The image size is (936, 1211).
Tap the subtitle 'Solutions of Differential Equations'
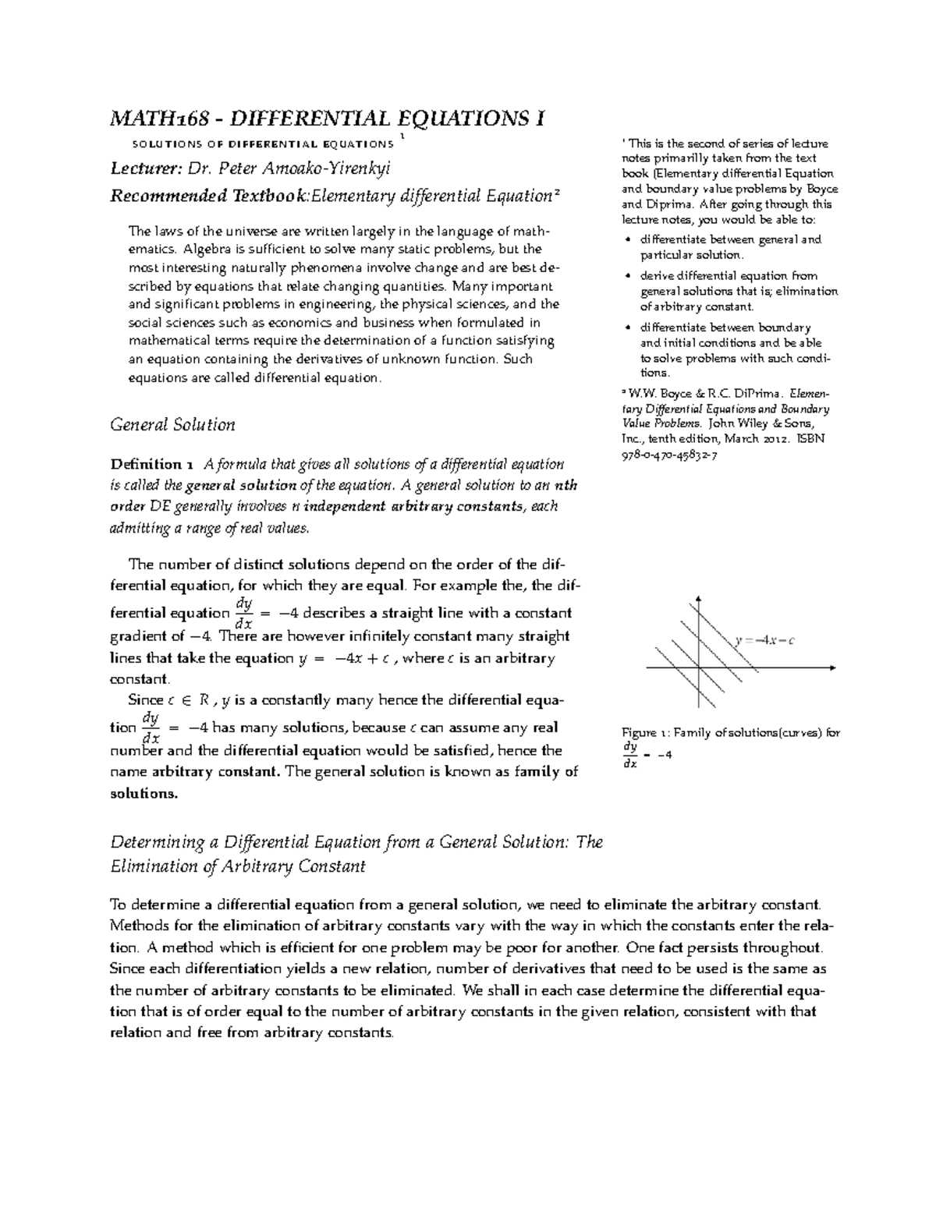pyautogui.click(x=262, y=144)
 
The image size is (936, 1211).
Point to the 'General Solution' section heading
pyautogui.click(x=172, y=425)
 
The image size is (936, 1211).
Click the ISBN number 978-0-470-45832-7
pyautogui.click(x=669, y=455)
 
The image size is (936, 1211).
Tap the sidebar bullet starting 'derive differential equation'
pyautogui.click(x=738, y=291)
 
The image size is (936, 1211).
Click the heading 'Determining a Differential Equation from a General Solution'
pyautogui.click(x=356, y=843)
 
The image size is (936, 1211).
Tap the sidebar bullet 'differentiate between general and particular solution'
pyautogui.click(x=730, y=247)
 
